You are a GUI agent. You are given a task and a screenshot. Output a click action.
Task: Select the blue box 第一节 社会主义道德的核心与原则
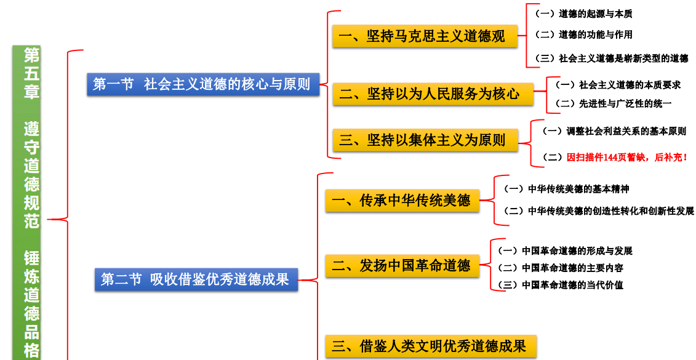(202, 84)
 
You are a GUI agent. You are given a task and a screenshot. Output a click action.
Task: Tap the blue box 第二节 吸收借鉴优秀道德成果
(196, 279)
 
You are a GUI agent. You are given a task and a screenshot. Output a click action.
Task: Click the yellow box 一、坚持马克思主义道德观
(424, 36)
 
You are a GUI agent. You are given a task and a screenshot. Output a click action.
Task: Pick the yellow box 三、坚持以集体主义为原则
(424, 140)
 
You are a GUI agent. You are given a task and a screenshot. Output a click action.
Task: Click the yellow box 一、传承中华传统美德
(401, 201)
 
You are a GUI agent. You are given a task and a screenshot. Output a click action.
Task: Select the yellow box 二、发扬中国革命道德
(401, 265)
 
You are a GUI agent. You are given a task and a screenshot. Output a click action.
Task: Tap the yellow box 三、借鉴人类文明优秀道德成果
(430, 346)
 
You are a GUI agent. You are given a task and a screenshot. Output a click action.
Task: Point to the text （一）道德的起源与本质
(582, 14)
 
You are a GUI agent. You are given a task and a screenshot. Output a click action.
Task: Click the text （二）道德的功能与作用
(582, 35)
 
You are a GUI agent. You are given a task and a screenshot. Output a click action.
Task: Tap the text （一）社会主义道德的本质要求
(617, 85)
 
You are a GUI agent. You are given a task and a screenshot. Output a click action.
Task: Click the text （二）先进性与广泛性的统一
(612, 103)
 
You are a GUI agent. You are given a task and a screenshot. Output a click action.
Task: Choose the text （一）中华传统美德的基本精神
(566, 189)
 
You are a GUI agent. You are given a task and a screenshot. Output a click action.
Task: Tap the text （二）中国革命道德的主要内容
(559, 268)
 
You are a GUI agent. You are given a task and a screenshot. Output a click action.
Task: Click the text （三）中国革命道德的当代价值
(559, 285)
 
